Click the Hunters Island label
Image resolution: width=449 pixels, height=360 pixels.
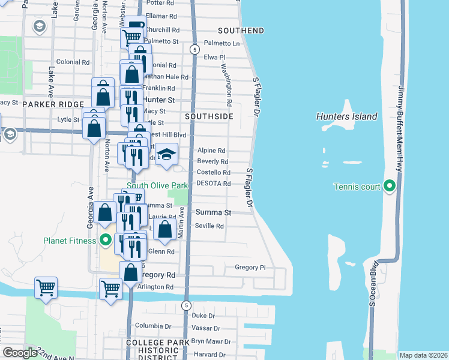(347, 116)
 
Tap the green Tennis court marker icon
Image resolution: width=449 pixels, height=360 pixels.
(389, 187)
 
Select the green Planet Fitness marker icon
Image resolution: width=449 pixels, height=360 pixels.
(106, 241)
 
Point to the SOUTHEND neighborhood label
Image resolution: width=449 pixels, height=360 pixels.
(241, 30)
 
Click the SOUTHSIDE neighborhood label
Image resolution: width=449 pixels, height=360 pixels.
(208, 116)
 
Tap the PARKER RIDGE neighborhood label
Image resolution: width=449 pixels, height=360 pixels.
(53, 104)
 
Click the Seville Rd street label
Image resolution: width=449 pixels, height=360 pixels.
(209, 226)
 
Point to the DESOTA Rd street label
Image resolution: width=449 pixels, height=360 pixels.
(214, 183)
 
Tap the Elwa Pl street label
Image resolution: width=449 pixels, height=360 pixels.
(214, 57)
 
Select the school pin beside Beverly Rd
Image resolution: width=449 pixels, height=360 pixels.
(167, 154)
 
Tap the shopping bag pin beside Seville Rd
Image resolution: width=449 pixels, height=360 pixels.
(164, 228)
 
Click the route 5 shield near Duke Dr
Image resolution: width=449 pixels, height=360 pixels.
(187, 305)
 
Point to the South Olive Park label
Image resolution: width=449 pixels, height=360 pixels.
(157, 185)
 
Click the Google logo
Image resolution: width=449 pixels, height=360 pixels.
(20, 353)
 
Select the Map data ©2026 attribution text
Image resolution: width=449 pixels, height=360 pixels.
(423, 355)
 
